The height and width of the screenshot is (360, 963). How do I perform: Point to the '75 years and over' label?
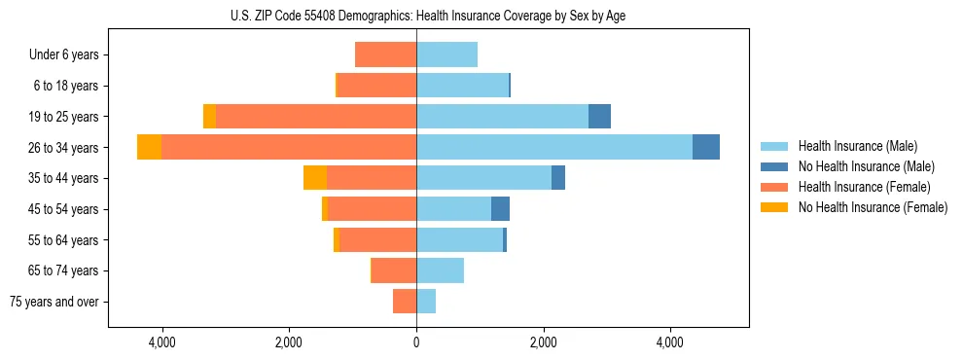pyautogui.click(x=54, y=302)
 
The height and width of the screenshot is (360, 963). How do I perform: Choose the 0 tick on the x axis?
pyautogui.click(x=416, y=342)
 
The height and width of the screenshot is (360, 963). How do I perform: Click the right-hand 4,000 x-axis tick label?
pyautogui.click(x=670, y=342)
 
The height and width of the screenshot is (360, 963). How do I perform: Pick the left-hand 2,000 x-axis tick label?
pyautogui.click(x=289, y=342)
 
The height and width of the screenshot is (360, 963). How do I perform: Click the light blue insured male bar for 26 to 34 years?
pyautogui.click(x=554, y=147)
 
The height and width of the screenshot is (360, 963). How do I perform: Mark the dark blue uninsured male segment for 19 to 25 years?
pyautogui.click(x=599, y=116)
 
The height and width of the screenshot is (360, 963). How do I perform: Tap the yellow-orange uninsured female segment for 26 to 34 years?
pyautogui.click(x=149, y=147)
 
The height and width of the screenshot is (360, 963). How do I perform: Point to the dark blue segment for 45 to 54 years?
pyautogui.click(x=500, y=208)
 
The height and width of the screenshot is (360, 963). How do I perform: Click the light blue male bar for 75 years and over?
pyautogui.click(x=426, y=302)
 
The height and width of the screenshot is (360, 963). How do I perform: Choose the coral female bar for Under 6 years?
pyautogui.click(x=385, y=54)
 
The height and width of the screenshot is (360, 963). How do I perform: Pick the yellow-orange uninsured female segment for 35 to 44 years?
pyautogui.click(x=315, y=177)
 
